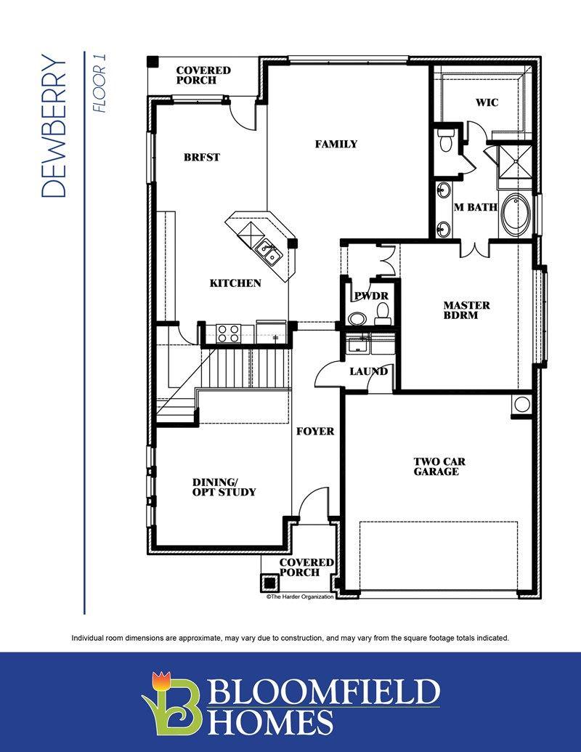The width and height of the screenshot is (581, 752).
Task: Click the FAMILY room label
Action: point(336,144)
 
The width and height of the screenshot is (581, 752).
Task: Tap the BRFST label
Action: point(202,157)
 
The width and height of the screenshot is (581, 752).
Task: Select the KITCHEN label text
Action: point(235,283)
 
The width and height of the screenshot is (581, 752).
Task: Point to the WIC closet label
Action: point(487,102)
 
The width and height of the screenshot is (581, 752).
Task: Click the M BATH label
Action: point(476,207)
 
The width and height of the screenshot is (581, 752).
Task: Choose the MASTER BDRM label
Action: point(466,310)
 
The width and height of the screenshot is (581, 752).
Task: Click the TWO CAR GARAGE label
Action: point(439,466)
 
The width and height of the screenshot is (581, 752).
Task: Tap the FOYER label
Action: point(315,431)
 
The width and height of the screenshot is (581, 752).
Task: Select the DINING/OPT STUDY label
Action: point(224,487)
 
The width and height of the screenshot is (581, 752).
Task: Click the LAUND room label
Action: point(368,371)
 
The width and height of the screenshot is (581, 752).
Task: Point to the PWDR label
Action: point(372,296)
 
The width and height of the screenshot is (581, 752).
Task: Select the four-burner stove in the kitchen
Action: point(228,333)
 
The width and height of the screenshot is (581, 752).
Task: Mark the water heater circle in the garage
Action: point(521,405)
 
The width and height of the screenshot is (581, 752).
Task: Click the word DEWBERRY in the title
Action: point(53,126)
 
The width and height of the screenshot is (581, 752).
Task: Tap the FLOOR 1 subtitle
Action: point(99,83)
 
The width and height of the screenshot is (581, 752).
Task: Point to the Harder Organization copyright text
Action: point(300,597)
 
